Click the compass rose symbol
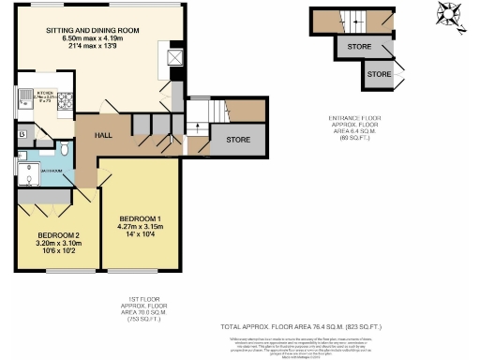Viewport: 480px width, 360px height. tap(448, 13)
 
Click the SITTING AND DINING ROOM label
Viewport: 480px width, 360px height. tap(93, 31)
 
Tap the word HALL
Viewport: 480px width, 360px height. tap(105, 135)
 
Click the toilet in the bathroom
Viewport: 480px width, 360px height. tap(64, 148)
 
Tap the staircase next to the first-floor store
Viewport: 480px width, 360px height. tap(201, 113)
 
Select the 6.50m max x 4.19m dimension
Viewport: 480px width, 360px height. tap(93, 39)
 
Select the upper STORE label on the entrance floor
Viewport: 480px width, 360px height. tap(359, 45)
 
